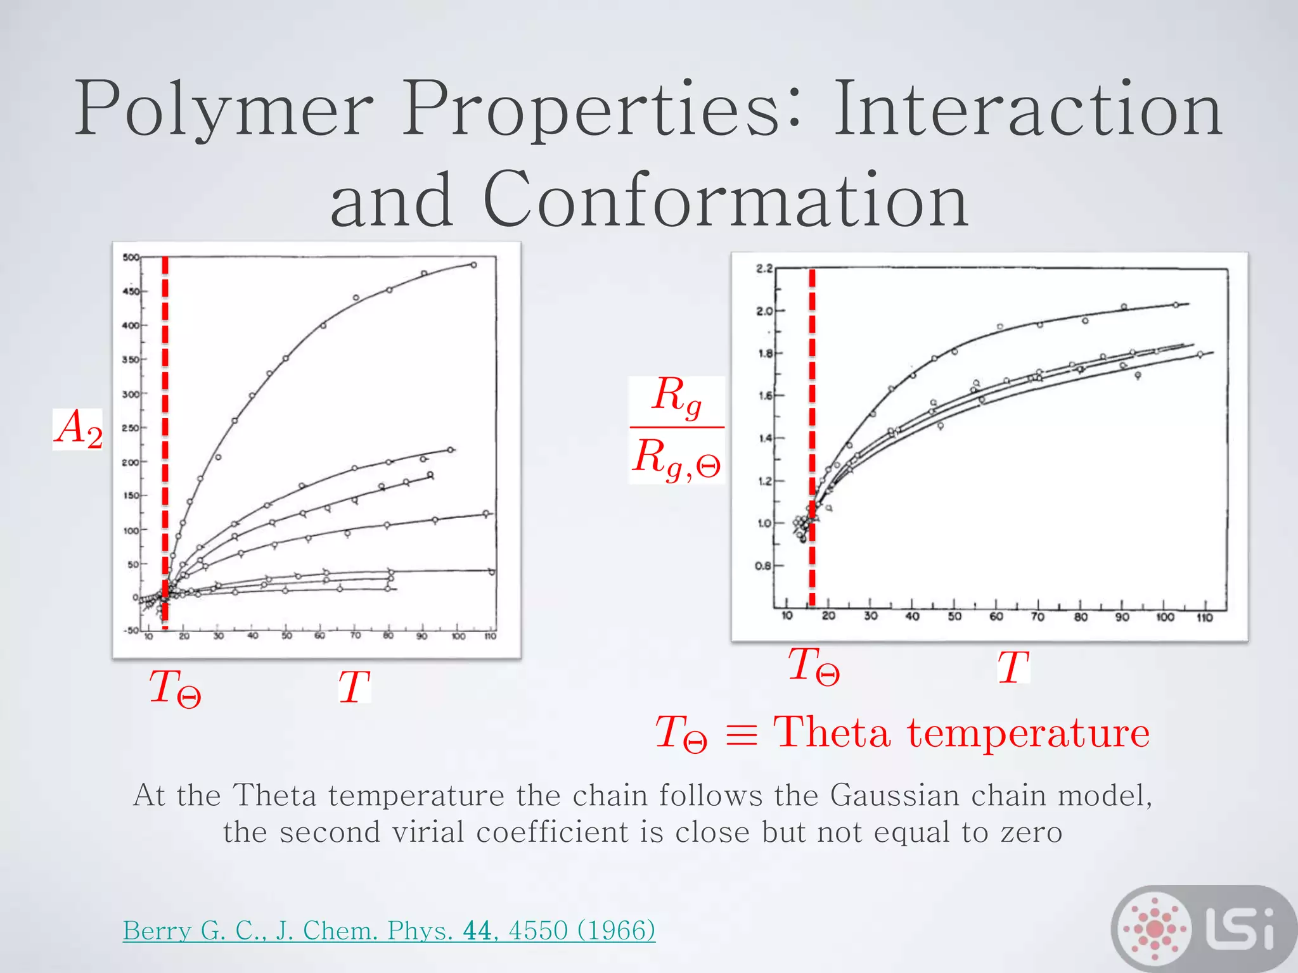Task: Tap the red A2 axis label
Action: coord(78,429)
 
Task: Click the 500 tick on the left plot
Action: coord(131,257)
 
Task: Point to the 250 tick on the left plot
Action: coord(130,428)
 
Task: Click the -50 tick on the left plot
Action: coord(130,631)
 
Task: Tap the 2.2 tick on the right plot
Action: coord(764,269)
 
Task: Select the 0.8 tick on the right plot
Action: coord(764,566)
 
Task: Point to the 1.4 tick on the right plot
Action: coord(764,438)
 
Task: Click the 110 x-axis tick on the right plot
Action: coord(1204,618)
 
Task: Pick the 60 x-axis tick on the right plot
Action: coord(996,617)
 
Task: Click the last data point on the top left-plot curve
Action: coord(473,265)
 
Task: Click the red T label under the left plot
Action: coord(354,687)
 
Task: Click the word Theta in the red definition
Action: coord(832,733)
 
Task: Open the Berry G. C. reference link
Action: coord(389,931)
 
